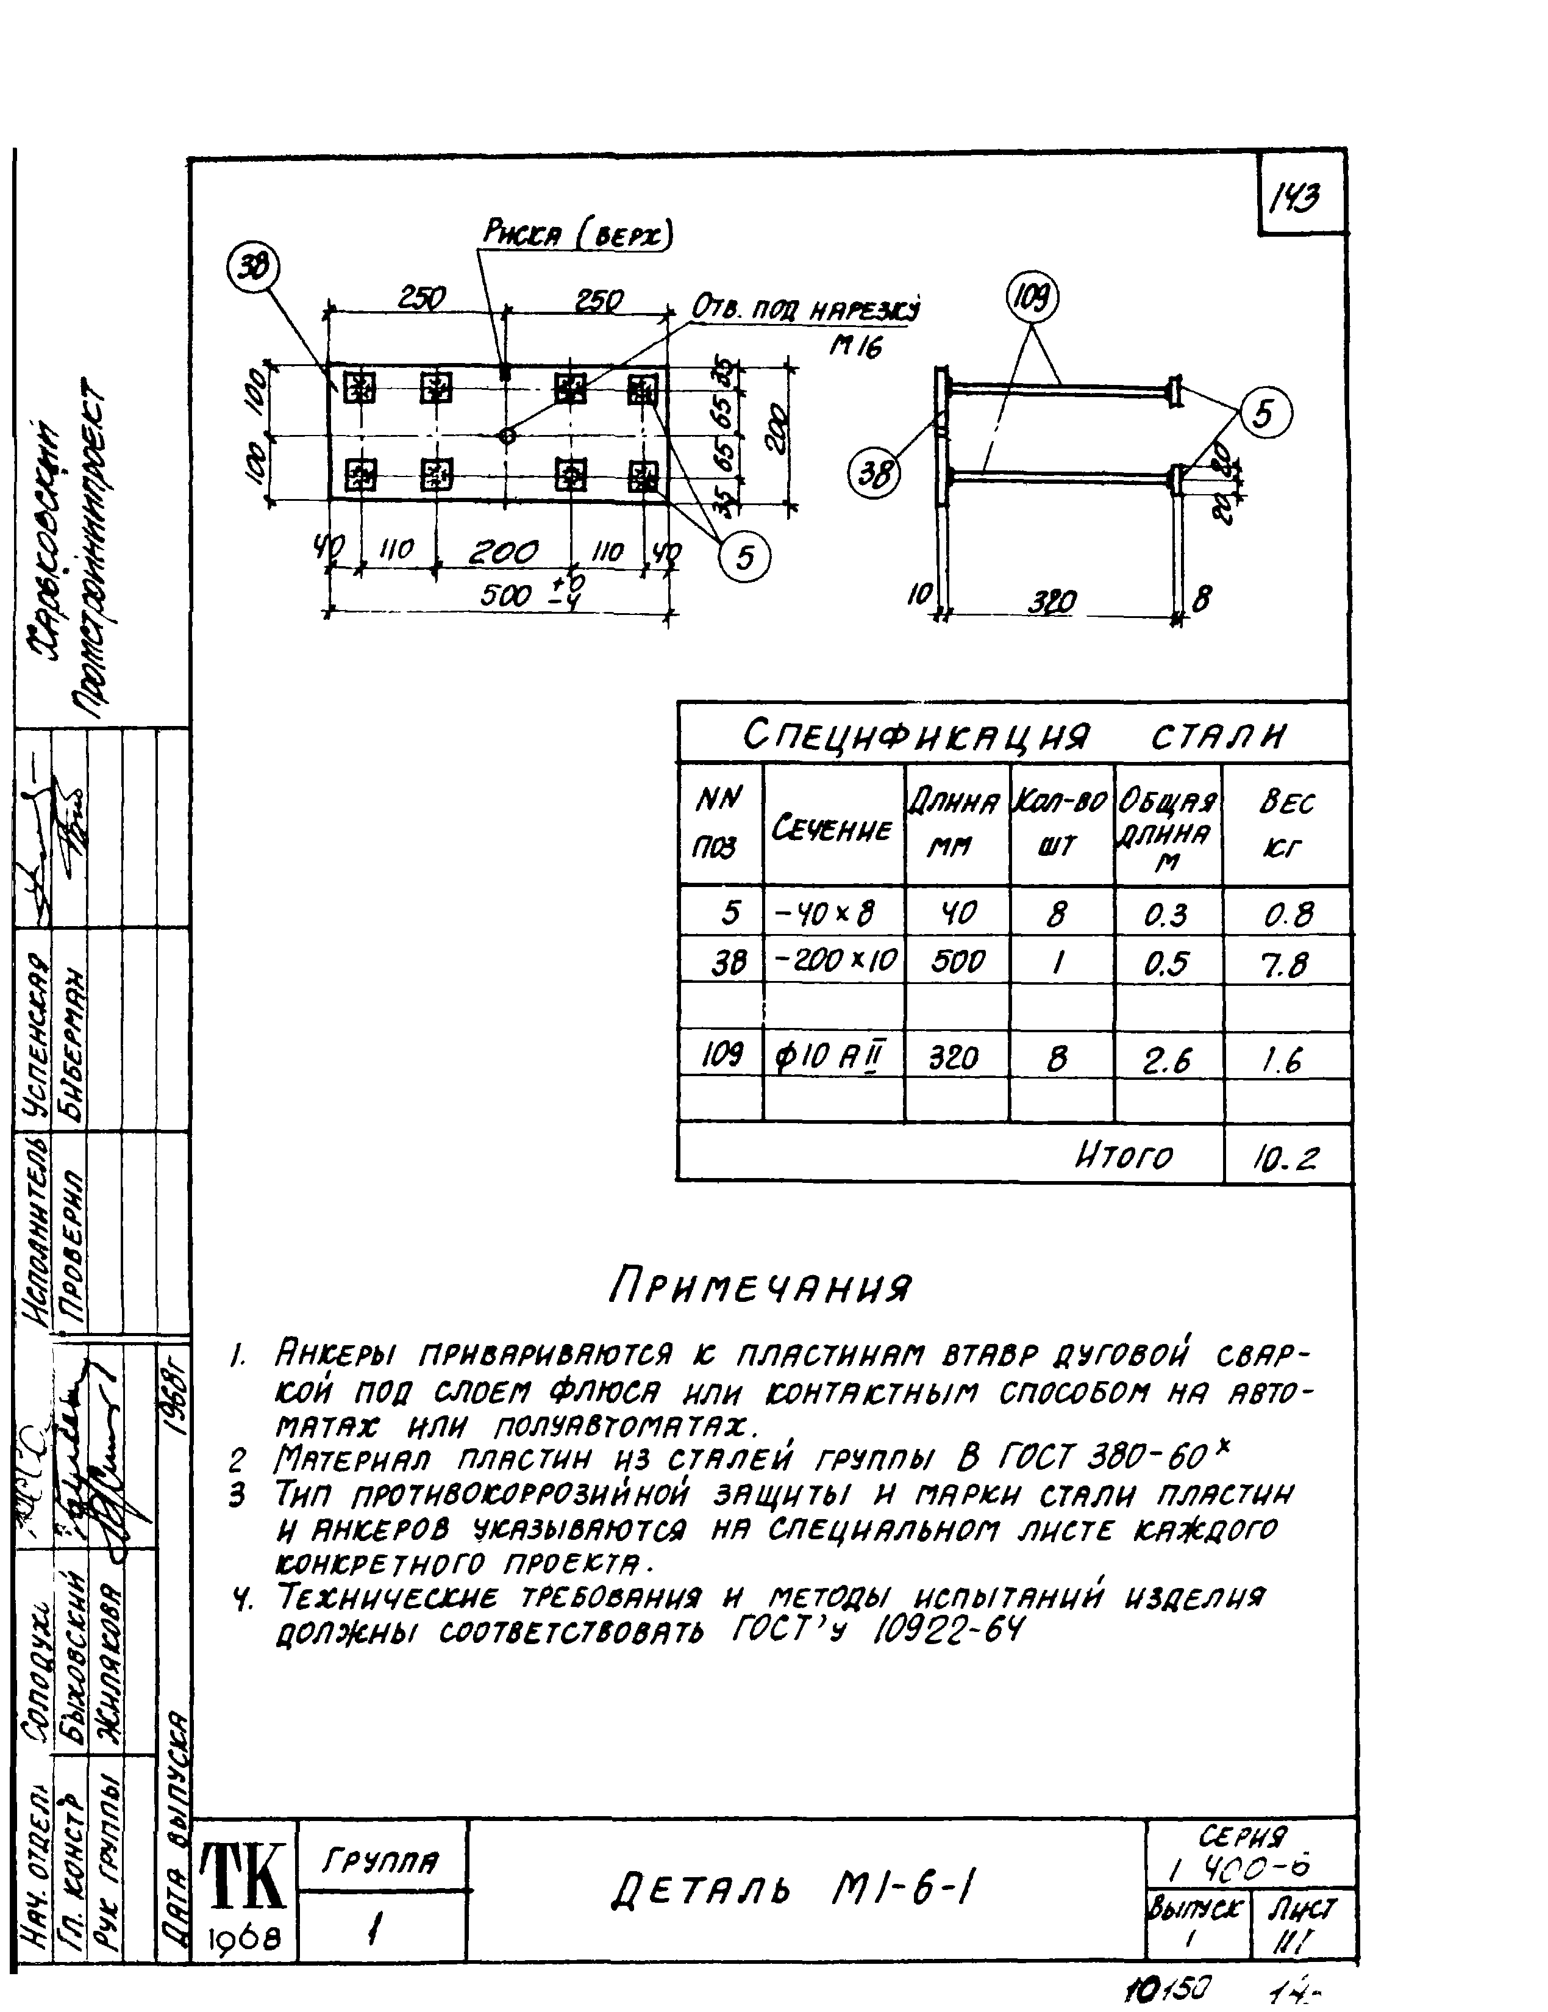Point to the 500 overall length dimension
(x=507, y=595)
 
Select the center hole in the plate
(x=507, y=435)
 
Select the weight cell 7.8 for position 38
(x=1285, y=965)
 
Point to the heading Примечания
(x=760, y=1286)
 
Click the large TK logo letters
(x=244, y=1876)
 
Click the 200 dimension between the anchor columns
(x=503, y=553)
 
